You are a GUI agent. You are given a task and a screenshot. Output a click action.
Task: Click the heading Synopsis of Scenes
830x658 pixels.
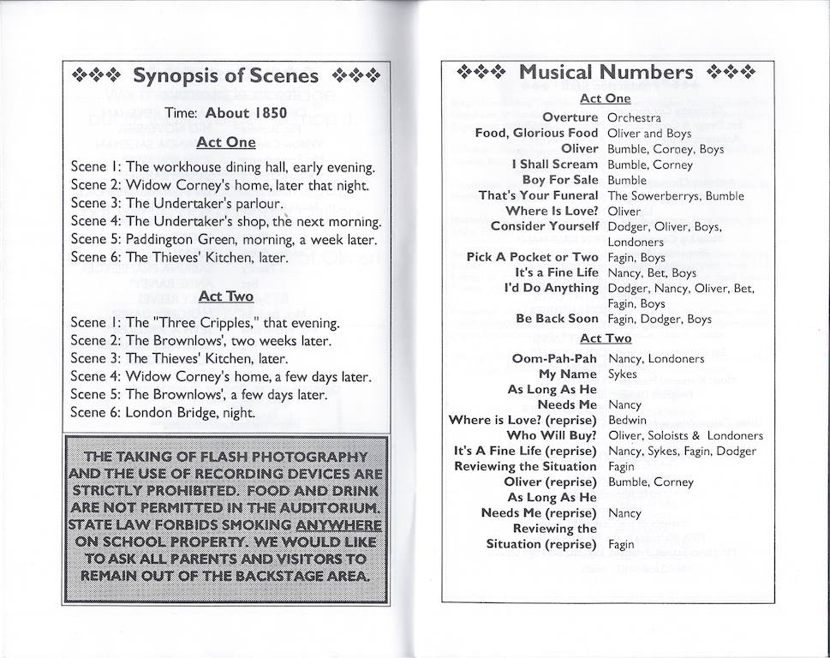coord(225,76)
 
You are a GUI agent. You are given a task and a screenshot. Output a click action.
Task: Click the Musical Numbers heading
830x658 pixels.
coord(606,73)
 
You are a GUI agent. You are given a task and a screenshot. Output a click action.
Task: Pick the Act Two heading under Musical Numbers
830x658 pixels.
coord(606,338)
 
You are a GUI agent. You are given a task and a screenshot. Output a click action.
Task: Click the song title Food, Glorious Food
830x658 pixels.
coord(536,133)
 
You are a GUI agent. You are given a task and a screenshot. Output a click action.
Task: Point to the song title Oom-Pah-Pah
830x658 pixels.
coord(554,358)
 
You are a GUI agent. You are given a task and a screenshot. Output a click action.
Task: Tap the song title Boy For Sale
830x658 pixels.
coord(560,180)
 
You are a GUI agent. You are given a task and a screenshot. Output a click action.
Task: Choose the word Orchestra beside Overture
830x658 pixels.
coord(634,117)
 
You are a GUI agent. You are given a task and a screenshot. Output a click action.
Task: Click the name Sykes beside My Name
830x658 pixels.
coord(622,374)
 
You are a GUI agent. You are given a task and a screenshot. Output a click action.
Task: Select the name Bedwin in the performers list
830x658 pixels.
coord(626,421)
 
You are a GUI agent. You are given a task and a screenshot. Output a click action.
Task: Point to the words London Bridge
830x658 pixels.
coord(171,412)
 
